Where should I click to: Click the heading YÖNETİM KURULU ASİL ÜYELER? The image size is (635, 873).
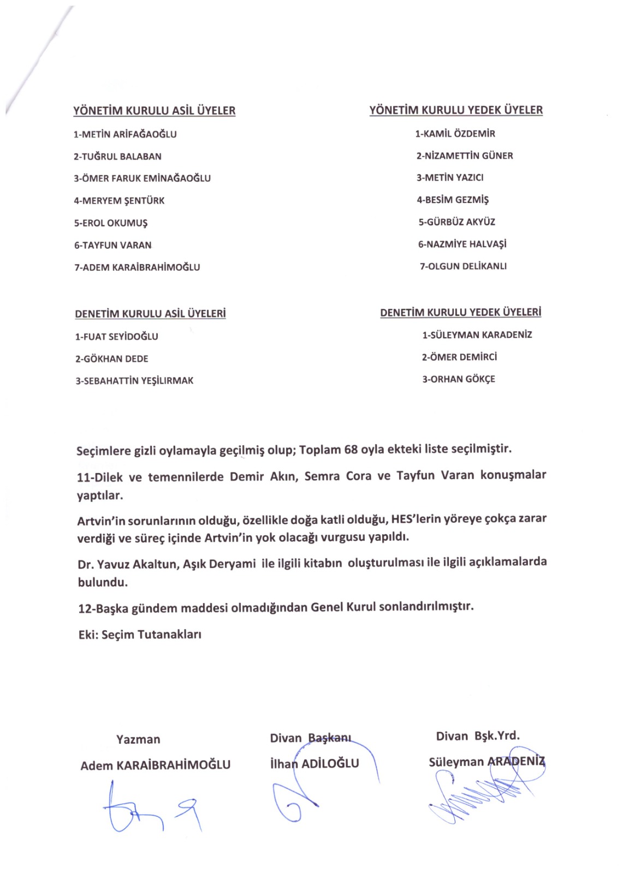(x=155, y=111)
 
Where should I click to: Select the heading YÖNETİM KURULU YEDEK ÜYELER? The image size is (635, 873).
(x=456, y=110)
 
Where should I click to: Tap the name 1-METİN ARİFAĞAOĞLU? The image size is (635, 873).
(x=125, y=134)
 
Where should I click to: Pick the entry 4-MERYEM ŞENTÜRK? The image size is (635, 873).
(x=119, y=201)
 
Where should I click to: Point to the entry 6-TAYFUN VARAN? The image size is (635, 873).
(x=113, y=246)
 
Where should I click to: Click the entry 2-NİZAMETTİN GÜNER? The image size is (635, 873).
(x=465, y=156)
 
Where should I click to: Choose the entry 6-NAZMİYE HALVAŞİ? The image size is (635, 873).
(x=462, y=244)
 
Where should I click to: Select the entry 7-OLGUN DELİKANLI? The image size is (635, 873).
(x=463, y=266)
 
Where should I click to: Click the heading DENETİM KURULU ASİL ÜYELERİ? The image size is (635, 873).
(x=150, y=314)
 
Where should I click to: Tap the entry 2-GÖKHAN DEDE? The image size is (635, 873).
(x=112, y=359)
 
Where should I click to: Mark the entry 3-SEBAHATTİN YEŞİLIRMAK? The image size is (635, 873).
(x=134, y=381)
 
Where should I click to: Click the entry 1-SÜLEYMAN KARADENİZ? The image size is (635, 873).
(x=477, y=335)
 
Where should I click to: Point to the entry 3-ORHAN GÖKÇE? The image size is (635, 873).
(x=459, y=379)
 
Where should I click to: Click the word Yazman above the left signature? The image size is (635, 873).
(x=138, y=739)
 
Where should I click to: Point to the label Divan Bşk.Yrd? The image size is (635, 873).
(x=478, y=736)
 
